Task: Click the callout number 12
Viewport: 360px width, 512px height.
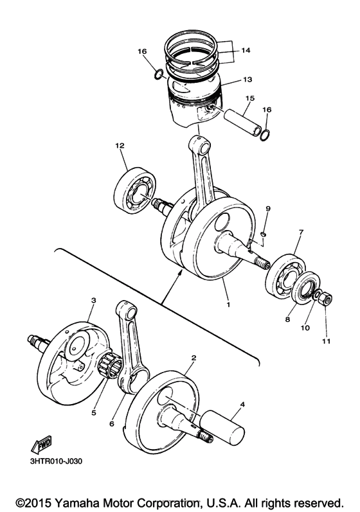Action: pyautogui.click(x=119, y=146)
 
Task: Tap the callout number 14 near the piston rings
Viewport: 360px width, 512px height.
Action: pyautogui.click(x=246, y=49)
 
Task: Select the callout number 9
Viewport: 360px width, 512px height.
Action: pyautogui.click(x=269, y=209)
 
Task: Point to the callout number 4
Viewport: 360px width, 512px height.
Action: pyautogui.click(x=242, y=405)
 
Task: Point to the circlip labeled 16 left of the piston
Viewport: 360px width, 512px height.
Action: pyautogui.click(x=157, y=75)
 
